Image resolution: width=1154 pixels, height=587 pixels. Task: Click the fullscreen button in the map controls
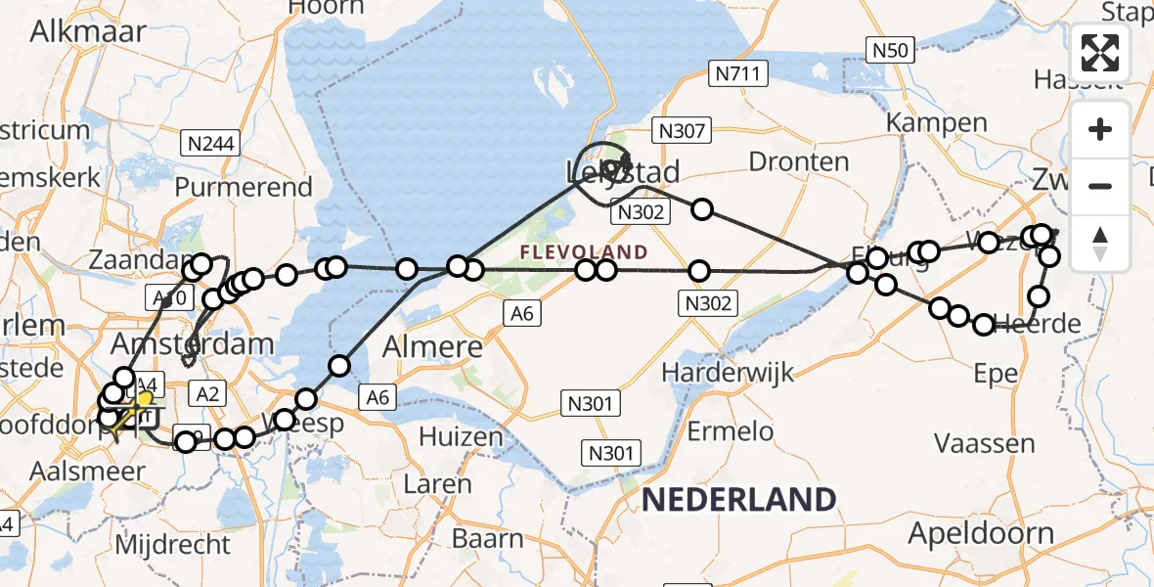pyautogui.click(x=1100, y=53)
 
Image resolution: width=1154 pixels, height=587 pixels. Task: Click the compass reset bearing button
pyautogui.click(x=1100, y=243)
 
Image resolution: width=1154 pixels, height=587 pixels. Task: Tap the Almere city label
pyautogui.click(x=433, y=346)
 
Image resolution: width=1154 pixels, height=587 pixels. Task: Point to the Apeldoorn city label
pyautogui.click(x=981, y=534)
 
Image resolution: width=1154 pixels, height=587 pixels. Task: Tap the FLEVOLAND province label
pyautogui.click(x=584, y=252)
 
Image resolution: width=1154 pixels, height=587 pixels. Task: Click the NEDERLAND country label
pyautogui.click(x=738, y=500)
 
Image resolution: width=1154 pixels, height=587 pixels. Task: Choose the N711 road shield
pyautogui.click(x=740, y=73)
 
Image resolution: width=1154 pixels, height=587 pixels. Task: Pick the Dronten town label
pyautogui.click(x=799, y=161)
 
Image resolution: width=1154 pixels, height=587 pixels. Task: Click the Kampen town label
pyautogui.click(x=936, y=122)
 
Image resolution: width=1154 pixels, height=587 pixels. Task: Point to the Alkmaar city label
pyautogui.click(x=88, y=30)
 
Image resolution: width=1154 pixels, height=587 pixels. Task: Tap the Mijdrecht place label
pyautogui.click(x=172, y=544)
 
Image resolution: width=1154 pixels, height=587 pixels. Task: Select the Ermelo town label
pyautogui.click(x=731, y=431)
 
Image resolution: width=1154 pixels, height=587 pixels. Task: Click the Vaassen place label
pyautogui.click(x=985, y=443)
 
